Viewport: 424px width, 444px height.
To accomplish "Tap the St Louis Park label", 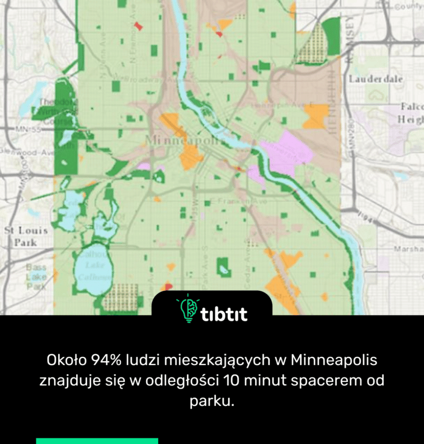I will click(x=26, y=237).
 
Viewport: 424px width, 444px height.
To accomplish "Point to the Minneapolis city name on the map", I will click(x=182, y=139).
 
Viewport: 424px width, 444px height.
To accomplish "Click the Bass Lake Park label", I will click(x=36, y=277).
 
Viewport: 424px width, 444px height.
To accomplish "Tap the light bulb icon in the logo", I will click(x=189, y=309).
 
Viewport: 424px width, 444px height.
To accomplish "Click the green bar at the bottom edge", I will click(x=97, y=441).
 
